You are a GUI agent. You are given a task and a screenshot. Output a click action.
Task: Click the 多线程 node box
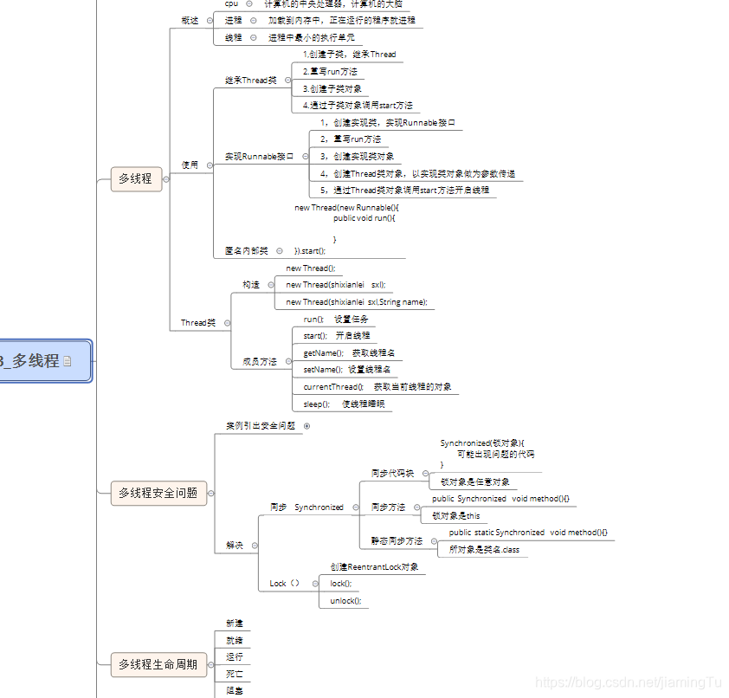click(x=136, y=178)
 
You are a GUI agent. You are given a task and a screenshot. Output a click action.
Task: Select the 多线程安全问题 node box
click(x=158, y=493)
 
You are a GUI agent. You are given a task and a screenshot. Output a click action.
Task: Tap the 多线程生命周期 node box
click(x=158, y=665)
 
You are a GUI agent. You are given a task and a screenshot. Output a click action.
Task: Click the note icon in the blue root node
click(x=68, y=361)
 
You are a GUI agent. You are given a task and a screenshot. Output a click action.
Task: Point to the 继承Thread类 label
click(x=251, y=81)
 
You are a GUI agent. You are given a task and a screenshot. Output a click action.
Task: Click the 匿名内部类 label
click(x=247, y=251)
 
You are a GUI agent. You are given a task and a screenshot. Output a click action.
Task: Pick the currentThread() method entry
click(x=377, y=386)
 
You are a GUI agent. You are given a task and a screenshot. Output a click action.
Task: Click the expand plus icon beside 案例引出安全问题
click(x=306, y=426)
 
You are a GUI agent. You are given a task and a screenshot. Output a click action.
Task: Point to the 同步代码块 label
click(x=392, y=474)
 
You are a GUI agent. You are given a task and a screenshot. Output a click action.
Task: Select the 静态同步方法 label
click(x=397, y=540)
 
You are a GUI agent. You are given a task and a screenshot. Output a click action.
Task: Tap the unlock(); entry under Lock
click(x=345, y=600)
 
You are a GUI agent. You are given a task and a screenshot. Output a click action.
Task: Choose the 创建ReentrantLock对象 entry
click(x=374, y=566)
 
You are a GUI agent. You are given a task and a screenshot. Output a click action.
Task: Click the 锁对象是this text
click(x=456, y=515)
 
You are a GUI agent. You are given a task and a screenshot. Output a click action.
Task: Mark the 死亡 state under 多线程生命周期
click(x=235, y=673)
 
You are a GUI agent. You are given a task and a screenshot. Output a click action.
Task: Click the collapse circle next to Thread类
click(x=228, y=323)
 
